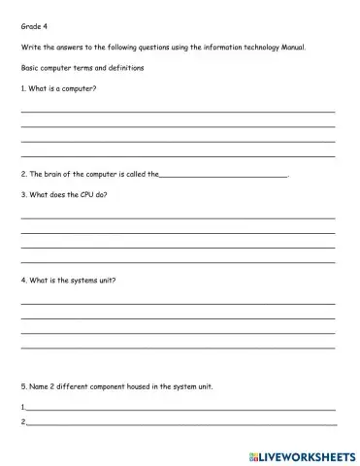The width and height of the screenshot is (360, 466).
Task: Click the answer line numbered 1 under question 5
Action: [x=180, y=409]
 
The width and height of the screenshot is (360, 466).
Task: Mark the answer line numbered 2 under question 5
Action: [x=180, y=424]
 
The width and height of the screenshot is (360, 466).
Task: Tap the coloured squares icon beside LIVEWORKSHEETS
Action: [x=254, y=453]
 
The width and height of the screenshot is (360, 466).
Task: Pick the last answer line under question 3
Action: [x=178, y=262]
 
